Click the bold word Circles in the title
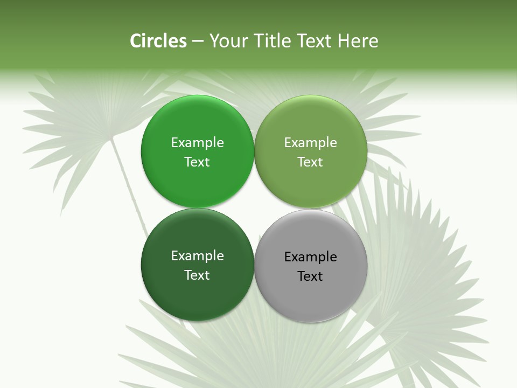[158, 41]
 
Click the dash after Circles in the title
[198, 41]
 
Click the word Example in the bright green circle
[197, 143]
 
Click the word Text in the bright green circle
[197, 162]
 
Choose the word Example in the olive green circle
[310, 143]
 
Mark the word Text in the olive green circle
[310, 162]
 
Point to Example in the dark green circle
[197, 256]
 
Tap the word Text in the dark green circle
[197, 275]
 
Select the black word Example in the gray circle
[310, 257]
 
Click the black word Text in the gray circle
[310, 276]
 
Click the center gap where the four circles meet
[254, 207]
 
